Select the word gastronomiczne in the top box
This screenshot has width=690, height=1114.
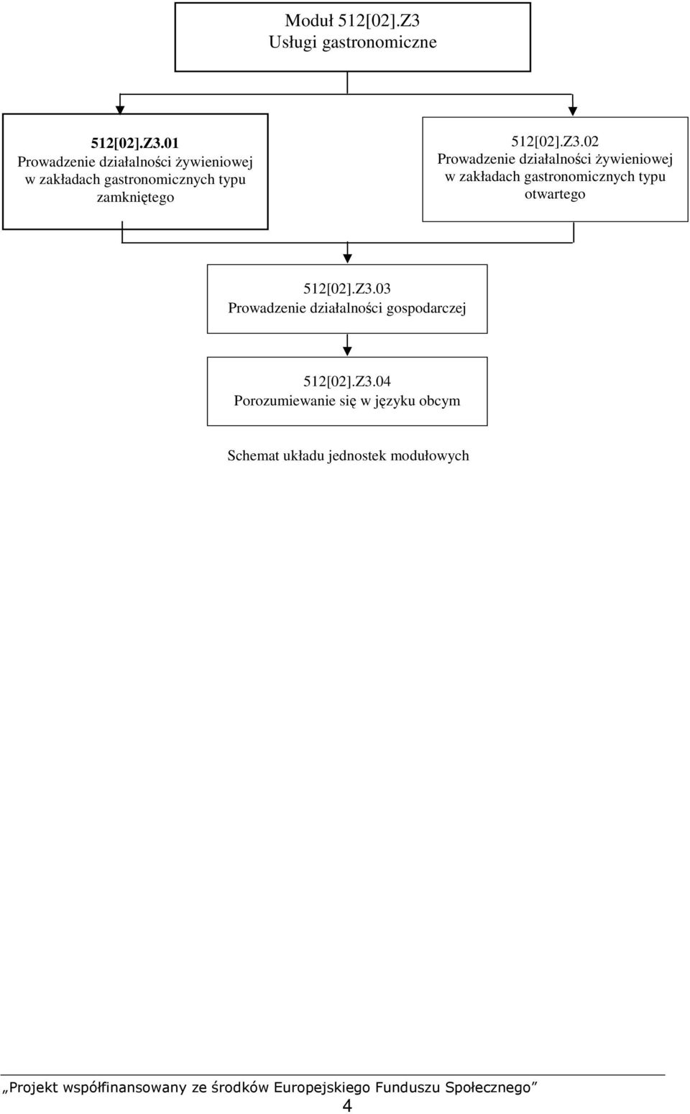[379, 42]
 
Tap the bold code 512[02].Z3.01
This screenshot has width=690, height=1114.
[134, 144]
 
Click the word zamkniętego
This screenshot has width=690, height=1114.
[135, 198]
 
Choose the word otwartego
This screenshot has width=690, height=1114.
[555, 194]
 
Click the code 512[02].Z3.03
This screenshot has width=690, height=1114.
[347, 289]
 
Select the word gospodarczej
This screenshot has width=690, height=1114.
[427, 308]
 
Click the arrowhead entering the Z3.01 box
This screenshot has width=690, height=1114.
[120, 110]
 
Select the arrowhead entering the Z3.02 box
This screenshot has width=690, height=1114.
[573, 111]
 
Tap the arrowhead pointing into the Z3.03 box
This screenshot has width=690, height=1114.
[347, 258]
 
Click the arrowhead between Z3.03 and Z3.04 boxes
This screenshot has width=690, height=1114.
[347, 351]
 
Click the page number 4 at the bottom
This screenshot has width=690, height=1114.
[347, 1105]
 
